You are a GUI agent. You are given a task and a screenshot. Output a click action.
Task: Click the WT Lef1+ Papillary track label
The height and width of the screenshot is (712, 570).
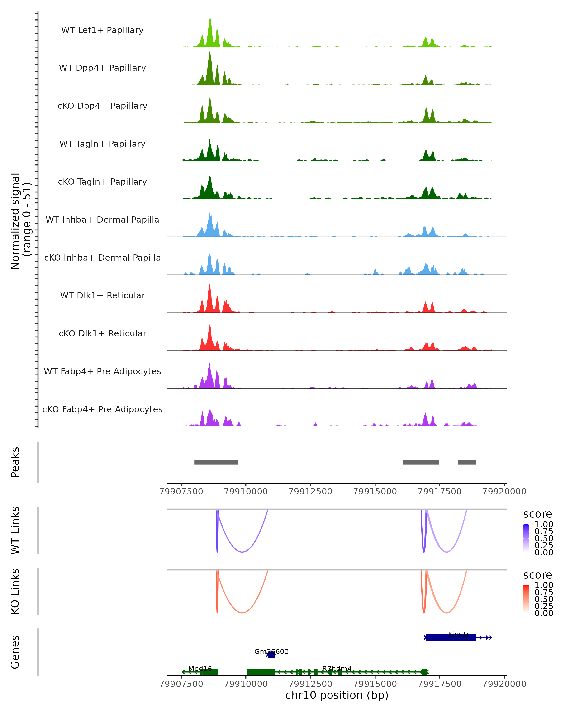(x=102, y=30)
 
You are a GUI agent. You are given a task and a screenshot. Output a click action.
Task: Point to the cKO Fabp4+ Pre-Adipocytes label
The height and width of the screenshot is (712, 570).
(x=102, y=409)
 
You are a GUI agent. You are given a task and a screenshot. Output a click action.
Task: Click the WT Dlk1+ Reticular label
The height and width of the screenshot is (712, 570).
(x=102, y=295)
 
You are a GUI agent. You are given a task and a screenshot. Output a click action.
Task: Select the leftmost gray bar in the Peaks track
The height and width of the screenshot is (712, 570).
(x=216, y=462)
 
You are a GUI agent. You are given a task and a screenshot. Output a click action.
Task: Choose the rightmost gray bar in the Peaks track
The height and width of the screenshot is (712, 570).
(x=467, y=462)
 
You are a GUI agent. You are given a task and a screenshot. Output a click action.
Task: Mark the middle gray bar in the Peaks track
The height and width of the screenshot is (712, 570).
(x=421, y=462)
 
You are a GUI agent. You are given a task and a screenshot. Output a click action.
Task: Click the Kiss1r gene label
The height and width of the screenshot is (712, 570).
(x=459, y=634)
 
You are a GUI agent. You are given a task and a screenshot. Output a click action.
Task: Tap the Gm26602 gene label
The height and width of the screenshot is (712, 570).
(x=271, y=651)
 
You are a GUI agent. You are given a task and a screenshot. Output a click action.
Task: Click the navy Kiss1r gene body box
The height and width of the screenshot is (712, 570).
(x=451, y=638)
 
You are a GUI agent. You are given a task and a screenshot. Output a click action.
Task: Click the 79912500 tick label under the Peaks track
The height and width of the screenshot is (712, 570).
(x=310, y=492)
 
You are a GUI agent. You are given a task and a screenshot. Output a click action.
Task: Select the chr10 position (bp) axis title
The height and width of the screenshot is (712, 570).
(x=337, y=695)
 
